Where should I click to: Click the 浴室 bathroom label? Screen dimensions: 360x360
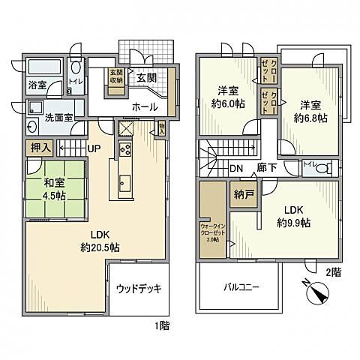(x=37, y=85)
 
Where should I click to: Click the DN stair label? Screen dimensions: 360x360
(x=235, y=169)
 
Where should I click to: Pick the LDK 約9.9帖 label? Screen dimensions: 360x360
(x=294, y=216)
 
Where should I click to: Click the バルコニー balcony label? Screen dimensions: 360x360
(x=240, y=287)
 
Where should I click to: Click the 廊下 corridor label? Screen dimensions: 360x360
(x=265, y=169)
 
